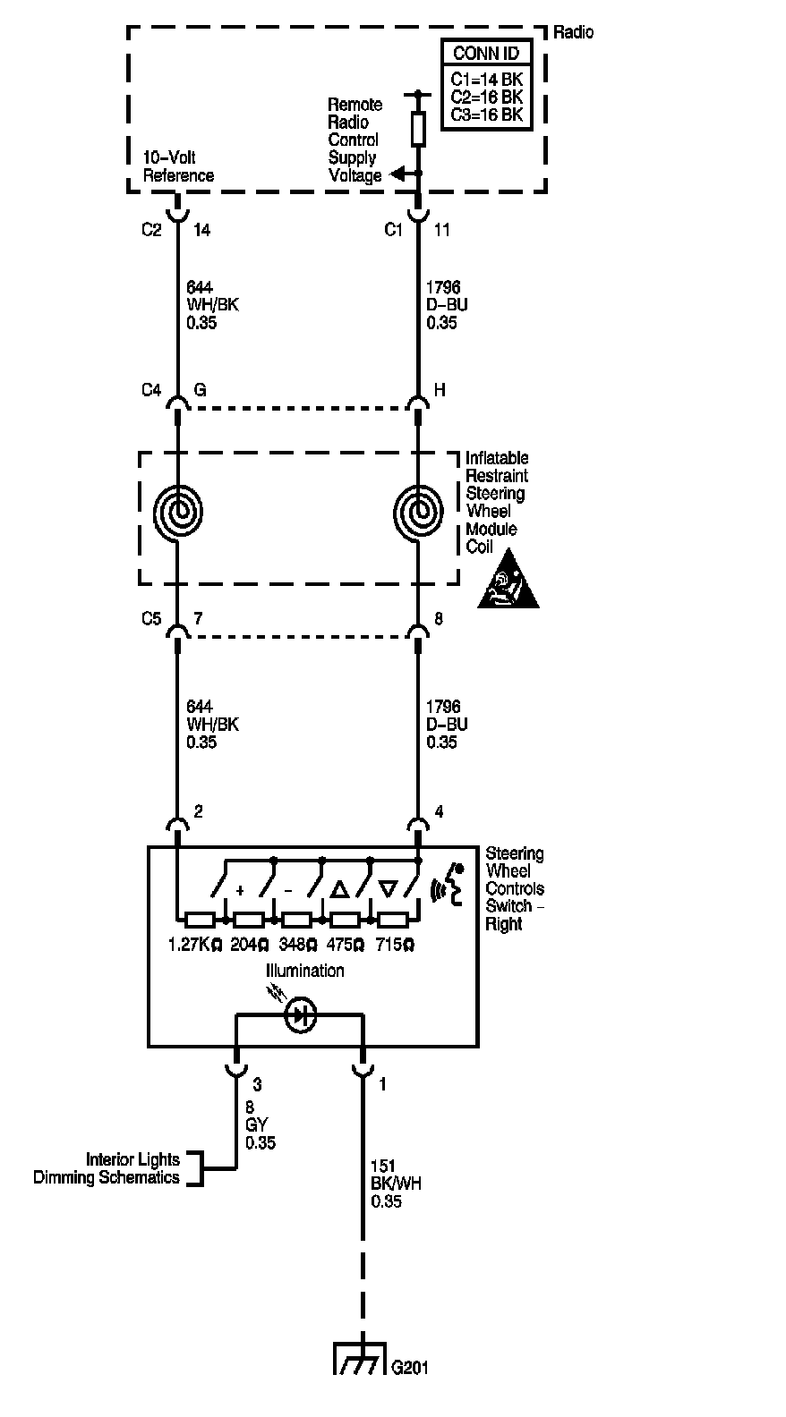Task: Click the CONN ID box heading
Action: pyautogui.click(x=486, y=53)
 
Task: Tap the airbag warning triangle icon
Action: pyautogui.click(x=508, y=579)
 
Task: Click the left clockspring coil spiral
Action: pyautogui.click(x=178, y=512)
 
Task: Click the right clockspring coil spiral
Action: pyautogui.click(x=418, y=512)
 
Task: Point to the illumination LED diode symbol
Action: pyautogui.click(x=300, y=1015)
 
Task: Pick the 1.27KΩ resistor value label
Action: pyautogui.click(x=195, y=945)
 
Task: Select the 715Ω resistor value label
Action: pyautogui.click(x=395, y=945)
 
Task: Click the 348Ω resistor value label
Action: pyautogui.click(x=297, y=945)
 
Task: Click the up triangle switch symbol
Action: pyautogui.click(x=340, y=889)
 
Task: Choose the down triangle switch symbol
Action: pyautogui.click(x=388, y=889)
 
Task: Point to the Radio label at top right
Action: pyautogui.click(x=573, y=32)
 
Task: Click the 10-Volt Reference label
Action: pyautogui.click(x=178, y=166)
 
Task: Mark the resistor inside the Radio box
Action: pyautogui.click(x=418, y=129)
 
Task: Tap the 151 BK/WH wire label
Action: pyautogui.click(x=396, y=1183)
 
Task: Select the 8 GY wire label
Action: pyautogui.click(x=261, y=1124)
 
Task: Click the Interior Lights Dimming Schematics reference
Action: pyautogui.click(x=107, y=1167)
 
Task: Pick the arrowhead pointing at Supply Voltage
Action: pyautogui.click(x=397, y=174)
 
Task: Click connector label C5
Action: pyautogui.click(x=151, y=618)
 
